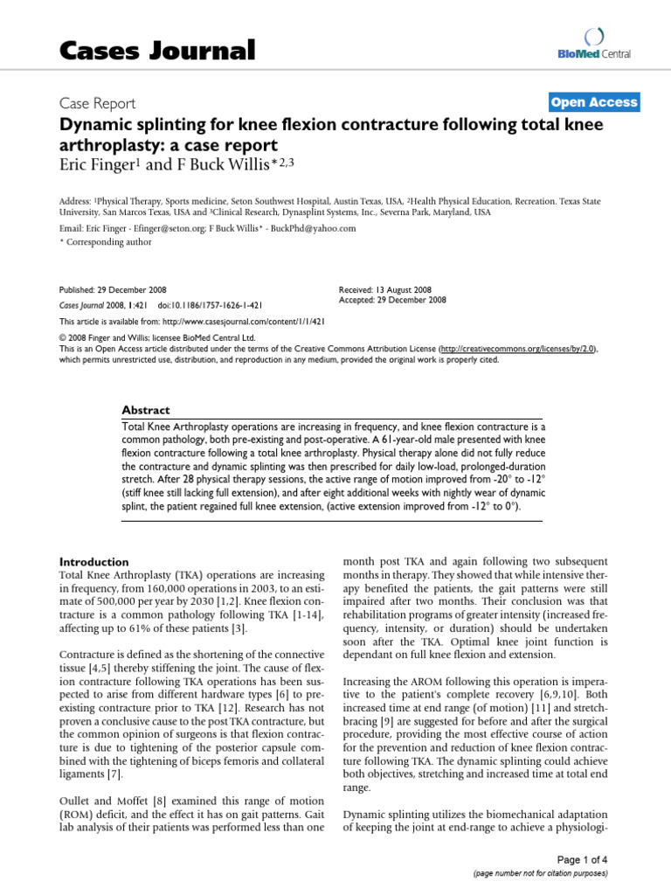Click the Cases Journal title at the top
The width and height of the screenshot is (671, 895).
pyautogui.click(x=157, y=50)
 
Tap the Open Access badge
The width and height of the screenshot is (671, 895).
pyautogui.click(x=594, y=102)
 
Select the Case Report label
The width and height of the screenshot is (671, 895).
pyautogui.click(x=96, y=103)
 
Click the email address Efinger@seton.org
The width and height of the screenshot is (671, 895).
pyautogui.click(x=163, y=228)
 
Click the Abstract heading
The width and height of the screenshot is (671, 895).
pyautogui.click(x=146, y=410)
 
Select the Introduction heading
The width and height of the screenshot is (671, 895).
pyautogui.click(x=93, y=561)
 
